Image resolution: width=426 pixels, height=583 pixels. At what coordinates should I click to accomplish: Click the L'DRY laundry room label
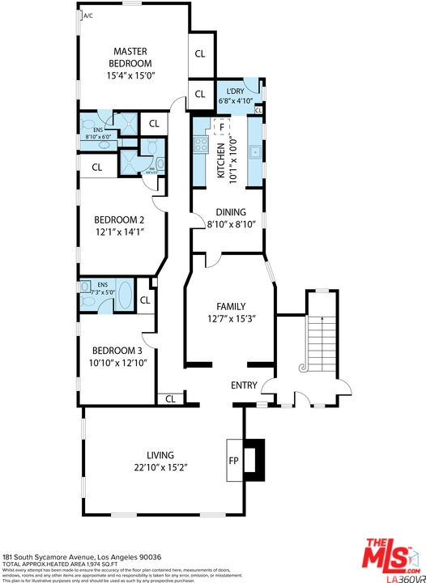pyautogui.click(x=236, y=91)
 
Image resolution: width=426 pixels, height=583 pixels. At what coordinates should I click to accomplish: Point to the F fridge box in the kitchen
pyautogui.click(x=219, y=126)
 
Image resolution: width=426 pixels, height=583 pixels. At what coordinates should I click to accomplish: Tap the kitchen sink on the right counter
pyautogui.click(x=253, y=150)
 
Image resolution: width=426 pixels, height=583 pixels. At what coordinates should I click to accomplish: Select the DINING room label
pyautogui.click(x=230, y=213)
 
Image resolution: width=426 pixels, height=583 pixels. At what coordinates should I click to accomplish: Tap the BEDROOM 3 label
pyautogui.click(x=117, y=350)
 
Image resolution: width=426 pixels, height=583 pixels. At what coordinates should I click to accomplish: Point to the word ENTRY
pyautogui.click(x=244, y=385)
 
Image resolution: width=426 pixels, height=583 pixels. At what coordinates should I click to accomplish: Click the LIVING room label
pyautogui.click(x=160, y=455)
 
